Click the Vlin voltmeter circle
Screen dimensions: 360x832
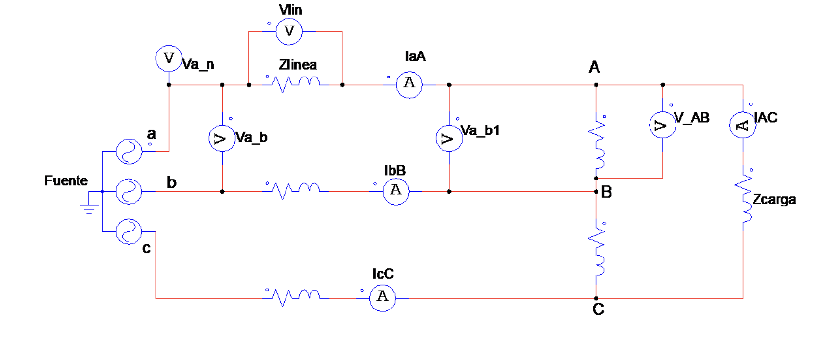pyautogui.click(x=289, y=31)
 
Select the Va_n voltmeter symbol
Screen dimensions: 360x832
pyautogui.click(x=169, y=58)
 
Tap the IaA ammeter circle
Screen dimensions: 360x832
pyautogui.click(x=409, y=84)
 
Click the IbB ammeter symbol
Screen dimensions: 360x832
pyautogui.click(x=396, y=191)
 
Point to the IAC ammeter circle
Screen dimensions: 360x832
pyautogui.click(x=743, y=125)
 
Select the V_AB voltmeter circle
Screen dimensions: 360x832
pyautogui.click(x=663, y=125)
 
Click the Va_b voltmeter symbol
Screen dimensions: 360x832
pyautogui.click(x=222, y=138)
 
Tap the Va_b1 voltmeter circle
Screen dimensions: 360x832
pyautogui.click(x=449, y=138)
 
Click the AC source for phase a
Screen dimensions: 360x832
pyautogui.click(x=129, y=151)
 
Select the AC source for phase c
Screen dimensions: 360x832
pyautogui.click(x=129, y=231)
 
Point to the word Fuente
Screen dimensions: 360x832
pyautogui.click(x=66, y=180)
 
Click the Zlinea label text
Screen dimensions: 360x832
pyautogui.click(x=297, y=65)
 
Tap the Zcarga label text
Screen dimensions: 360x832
pyautogui.click(x=774, y=200)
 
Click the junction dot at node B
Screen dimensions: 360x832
pyautogui.click(x=596, y=191)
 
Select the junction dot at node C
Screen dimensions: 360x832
pyautogui.click(x=596, y=298)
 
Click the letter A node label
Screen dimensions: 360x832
pyautogui.click(x=594, y=67)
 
